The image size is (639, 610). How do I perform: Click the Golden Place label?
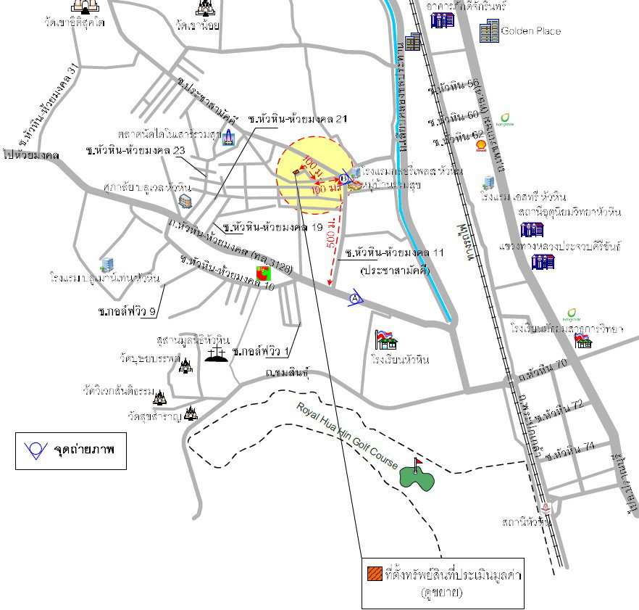coord(530,31)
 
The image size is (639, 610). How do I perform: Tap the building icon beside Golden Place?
coord(489,30)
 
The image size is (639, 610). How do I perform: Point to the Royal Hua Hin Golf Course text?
coord(347,434)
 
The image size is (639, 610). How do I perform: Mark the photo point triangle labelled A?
coord(355,298)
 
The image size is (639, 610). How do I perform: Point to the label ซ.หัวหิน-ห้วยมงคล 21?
coord(298,118)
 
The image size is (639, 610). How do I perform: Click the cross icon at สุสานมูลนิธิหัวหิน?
coord(215,353)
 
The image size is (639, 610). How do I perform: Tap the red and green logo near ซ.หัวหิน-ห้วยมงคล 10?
coord(263,275)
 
